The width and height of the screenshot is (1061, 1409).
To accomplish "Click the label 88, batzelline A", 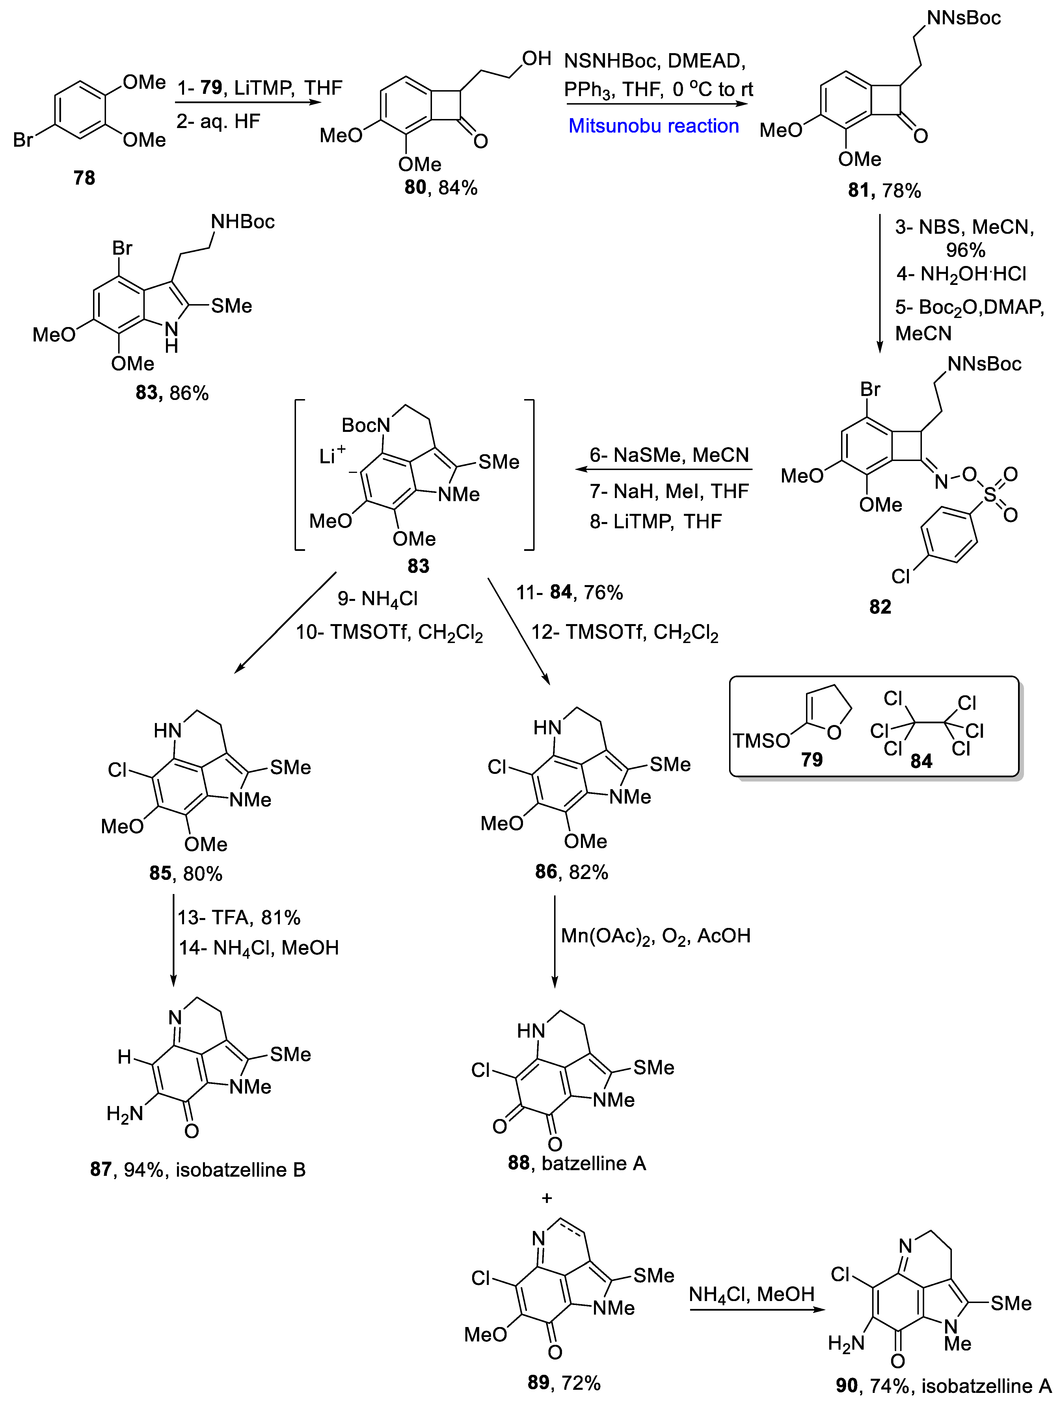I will click(x=577, y=1163).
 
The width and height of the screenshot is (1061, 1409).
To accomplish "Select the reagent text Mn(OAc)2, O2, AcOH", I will click(x=655, y=936).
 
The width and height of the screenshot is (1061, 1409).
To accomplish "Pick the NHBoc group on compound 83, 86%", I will click(x=243, y=222).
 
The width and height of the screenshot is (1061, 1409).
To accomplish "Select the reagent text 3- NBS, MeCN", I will click(x=964, y=228).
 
